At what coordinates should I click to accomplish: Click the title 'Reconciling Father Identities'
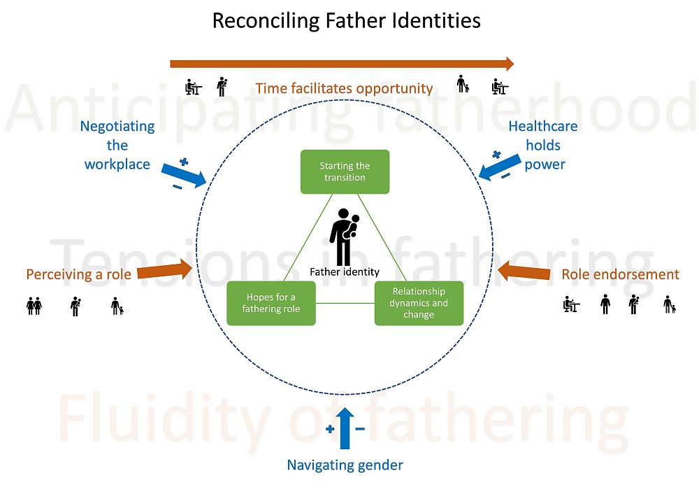point(346,20)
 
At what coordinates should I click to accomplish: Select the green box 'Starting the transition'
point(345,171)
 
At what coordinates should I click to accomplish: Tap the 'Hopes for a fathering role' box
point(271,303)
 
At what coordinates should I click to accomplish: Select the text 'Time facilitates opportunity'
point(344,89)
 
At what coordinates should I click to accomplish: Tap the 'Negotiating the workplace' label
point(117,146)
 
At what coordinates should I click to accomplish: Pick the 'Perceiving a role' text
point(78,274)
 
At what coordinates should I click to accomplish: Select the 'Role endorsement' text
point(620,274)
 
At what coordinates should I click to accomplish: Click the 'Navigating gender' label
point(345,465)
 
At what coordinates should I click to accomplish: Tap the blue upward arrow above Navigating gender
point(345,427)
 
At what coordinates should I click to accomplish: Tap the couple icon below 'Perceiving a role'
point(34,306)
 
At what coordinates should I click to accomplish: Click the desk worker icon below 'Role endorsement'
point(572,305)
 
